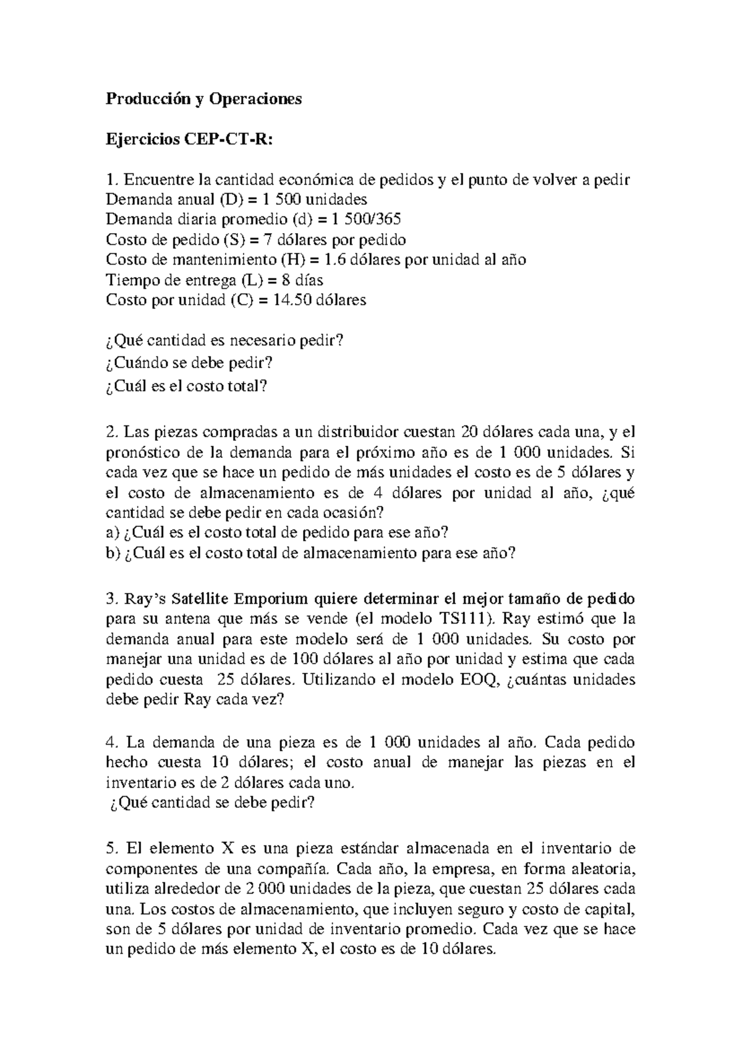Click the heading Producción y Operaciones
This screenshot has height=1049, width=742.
203,99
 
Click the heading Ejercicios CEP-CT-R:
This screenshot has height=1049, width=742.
188,140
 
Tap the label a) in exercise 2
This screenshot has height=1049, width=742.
112,533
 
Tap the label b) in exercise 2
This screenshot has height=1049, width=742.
113,554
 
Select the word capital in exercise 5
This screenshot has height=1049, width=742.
609,909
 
